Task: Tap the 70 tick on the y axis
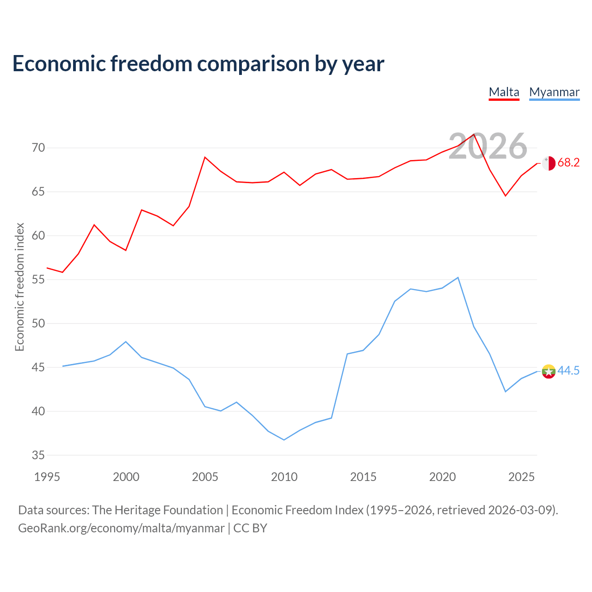pos(38,148)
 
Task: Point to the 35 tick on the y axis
pos(38,455)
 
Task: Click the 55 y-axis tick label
pos(38,279)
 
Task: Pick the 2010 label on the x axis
pos(284,477)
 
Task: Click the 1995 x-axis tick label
pos(47,477)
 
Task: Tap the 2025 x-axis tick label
pos(521,477)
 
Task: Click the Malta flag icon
pos(549,163)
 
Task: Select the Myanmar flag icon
pos(549,371)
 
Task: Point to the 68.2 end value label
pos(568,162)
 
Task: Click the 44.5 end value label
pos(568,370)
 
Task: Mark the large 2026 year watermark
pos(488,146)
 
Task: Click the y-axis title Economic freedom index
pos(20,287)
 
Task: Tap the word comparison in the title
pos(253,64)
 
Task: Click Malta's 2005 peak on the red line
pos(205,157)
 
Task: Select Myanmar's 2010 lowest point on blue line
pos(284,440)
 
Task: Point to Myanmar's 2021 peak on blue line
pos(458,277)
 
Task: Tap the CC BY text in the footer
pos(250,528)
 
